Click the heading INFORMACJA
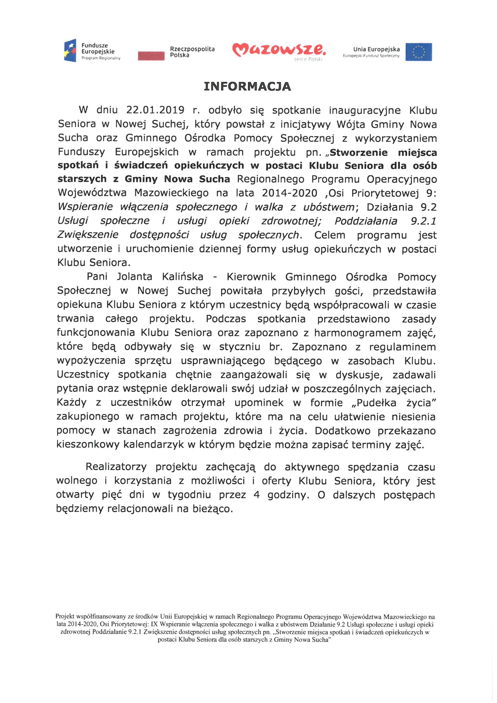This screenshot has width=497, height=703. pyautogui.click(x=247, y=87)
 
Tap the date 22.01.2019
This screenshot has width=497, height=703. pyautogui.click(x=155, y=110)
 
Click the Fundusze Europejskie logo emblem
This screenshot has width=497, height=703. pyautogui.click(x=70, y=51)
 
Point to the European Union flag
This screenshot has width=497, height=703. pyautogui.click(x=419, y=52)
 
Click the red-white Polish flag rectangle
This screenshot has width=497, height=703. pyautogui.click(x=151, y=56)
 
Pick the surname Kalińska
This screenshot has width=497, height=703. pyautogui.click(x=183, y=277)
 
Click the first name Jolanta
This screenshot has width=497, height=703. pyautogui.click(x=134, y=277)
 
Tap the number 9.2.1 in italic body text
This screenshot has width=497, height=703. pyautogui.click(x=424, y=221)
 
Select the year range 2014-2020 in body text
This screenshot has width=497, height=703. pyautogui.click(x=289, y=193)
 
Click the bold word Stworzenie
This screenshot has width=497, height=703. pyautogui.click(x=359, y=152)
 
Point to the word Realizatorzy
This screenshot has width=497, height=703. pyautogui.click(x=116, y=467)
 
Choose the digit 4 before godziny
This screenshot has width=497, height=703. pyautogui.click(x=256, y=495)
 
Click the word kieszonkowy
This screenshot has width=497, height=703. pyautogui.click(x=88, y=444)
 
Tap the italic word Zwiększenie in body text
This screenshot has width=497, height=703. pyautogui.click(x=88, y=235)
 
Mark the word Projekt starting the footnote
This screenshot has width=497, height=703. pyautogui.click(x=65, y=617)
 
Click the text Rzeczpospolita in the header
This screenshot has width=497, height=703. pyautogui.click(x=192, y=49)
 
